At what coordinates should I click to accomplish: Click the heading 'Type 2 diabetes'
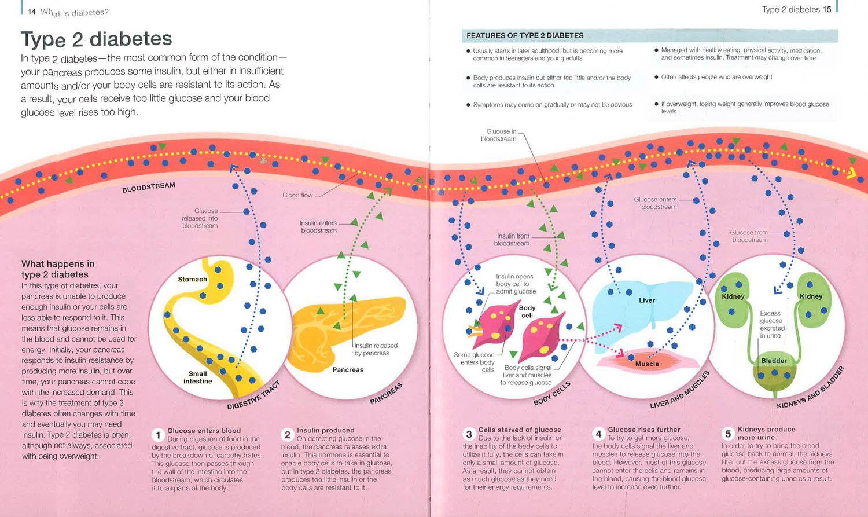97,39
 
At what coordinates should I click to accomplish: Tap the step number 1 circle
158,435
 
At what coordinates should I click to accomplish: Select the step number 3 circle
469,434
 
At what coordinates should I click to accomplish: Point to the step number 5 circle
728,434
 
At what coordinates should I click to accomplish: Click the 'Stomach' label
192,279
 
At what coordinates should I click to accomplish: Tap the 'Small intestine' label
197,377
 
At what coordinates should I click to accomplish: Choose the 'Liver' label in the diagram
647,300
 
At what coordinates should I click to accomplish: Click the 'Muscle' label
647,364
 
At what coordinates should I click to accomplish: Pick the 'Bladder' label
774,361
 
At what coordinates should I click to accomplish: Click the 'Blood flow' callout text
297,195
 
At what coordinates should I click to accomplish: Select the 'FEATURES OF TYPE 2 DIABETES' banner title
525,36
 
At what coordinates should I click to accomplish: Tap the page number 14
31,12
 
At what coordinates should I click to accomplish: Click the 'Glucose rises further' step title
644,430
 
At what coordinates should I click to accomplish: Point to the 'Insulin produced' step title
326,430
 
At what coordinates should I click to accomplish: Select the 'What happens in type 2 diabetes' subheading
58,269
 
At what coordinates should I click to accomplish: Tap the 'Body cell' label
527,311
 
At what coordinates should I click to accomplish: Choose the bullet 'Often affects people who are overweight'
716,77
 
